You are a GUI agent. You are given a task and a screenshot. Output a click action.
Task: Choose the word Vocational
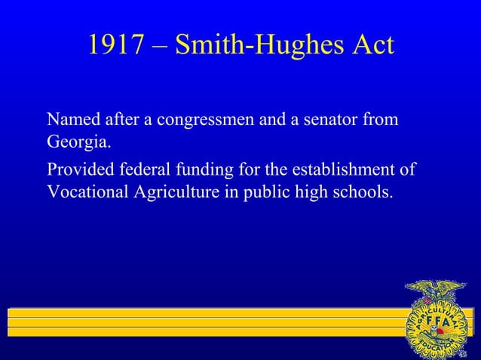(x=89, y=191)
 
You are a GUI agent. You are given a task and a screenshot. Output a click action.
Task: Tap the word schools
(x=364, y=191)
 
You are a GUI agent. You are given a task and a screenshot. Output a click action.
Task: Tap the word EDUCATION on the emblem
(x=437, y=347)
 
